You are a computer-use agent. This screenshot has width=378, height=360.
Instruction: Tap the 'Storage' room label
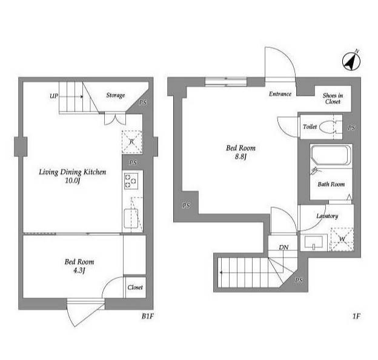[116, 95]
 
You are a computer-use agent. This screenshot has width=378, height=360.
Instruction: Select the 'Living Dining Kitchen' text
[72, 172]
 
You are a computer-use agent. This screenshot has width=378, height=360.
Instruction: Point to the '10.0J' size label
[72, 181]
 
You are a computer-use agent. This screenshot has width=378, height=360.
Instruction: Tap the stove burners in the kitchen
[131, 181]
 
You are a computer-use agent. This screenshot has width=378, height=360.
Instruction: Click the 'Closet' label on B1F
[135, 287]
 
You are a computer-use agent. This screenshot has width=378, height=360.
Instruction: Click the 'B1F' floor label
[148, 315]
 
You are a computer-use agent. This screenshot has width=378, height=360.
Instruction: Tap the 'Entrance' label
[280, 94]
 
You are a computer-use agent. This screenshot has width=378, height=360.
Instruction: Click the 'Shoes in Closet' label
[333, 98]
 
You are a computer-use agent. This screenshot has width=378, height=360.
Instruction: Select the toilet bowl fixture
[329, 127]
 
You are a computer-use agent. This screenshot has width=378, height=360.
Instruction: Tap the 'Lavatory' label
[327, 216]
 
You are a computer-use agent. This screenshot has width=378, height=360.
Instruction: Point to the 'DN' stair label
[283, 247]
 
